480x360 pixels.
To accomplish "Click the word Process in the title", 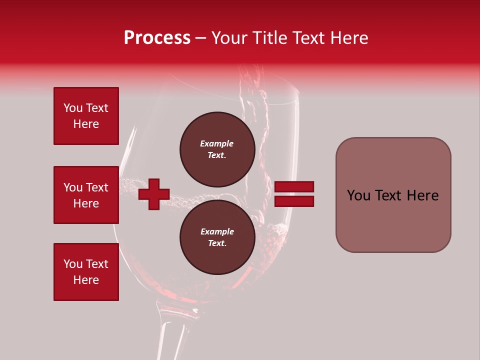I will tap(157, 38).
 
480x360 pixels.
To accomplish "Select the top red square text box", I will tap(86, 116).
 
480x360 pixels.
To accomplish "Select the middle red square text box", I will tap(86, 195).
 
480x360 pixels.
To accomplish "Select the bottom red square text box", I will tap(86, 272).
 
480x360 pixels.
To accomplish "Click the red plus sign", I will tap(154, 194).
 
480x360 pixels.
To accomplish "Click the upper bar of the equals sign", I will tap(294, 186).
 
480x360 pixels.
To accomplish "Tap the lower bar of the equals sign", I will tap(294, 201).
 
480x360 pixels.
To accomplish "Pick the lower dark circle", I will tap(217, 237).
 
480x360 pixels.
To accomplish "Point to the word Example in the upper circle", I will tap(216, 143).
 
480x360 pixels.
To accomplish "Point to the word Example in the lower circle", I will tap(217, 231).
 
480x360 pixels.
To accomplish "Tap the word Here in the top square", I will tap(86, 124).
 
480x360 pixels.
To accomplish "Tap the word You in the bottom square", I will tap(73, 264).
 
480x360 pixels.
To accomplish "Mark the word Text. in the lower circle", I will tap(217, 243).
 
